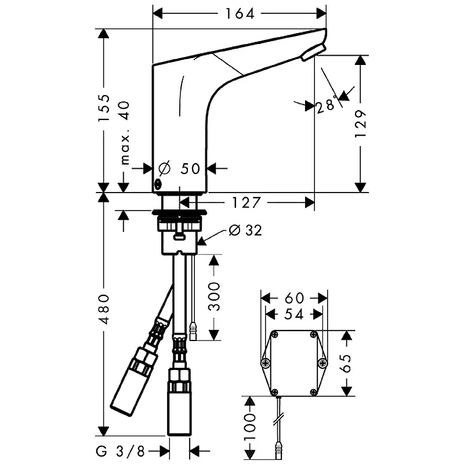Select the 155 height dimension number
[x=104, y=108]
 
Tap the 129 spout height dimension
[x=361, y=124]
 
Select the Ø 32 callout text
[x=245, y=231]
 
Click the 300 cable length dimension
[x=214, y=296]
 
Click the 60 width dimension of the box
[x=295, y=298]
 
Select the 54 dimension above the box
[x=294, y=314]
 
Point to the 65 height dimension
[x=346, y=364]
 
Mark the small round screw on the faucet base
[x=158, y=185]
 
